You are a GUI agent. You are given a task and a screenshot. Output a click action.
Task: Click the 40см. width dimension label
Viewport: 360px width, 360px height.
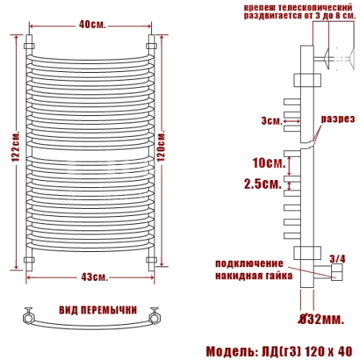[92, 25]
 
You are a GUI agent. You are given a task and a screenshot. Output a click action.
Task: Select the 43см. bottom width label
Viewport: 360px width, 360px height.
[94, 278]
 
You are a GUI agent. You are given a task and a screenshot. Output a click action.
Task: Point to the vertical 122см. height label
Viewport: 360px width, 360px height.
[15, 146]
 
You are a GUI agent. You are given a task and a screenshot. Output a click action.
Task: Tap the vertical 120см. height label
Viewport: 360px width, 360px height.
[161, 146]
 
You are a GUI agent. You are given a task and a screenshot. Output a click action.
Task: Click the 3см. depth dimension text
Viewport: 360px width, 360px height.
[272, 121]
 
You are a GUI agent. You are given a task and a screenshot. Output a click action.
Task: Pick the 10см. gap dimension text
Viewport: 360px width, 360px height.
[269, 163]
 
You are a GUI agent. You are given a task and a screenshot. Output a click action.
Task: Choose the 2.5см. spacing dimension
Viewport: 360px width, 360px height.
[263, 184]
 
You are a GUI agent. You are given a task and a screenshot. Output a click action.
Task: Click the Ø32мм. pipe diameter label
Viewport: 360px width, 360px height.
[321, 319]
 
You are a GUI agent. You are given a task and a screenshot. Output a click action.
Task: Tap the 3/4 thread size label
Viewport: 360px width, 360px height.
[337, 258]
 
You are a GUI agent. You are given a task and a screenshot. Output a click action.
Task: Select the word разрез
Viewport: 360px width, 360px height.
[338, 119]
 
